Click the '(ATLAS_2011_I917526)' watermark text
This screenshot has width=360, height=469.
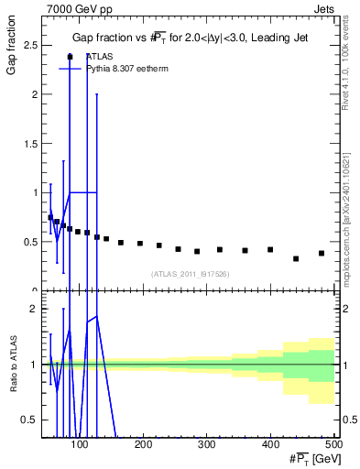(x=190, y=274)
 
